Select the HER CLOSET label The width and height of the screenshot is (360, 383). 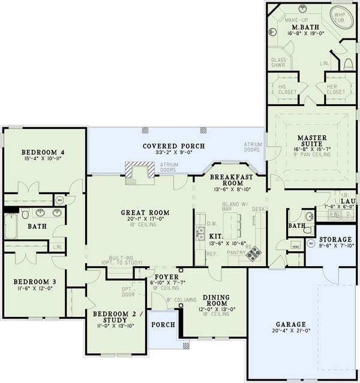[x=335, y=89]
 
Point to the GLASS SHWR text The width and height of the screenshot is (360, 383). [x=278, y=64]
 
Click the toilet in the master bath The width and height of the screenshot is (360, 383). [x=347, y=63]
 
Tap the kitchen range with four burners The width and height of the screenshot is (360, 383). [x=254, y=254]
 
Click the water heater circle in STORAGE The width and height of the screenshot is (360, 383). [x=311, y=244]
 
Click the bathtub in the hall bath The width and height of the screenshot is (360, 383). [x=11, y=230]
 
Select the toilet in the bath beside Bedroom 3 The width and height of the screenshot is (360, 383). [x=23, y=214]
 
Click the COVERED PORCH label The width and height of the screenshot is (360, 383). [x=173, y=146]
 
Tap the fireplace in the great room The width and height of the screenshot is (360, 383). [x=137, y=171]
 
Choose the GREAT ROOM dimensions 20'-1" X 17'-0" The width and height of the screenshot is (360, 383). [x=145, y=219]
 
